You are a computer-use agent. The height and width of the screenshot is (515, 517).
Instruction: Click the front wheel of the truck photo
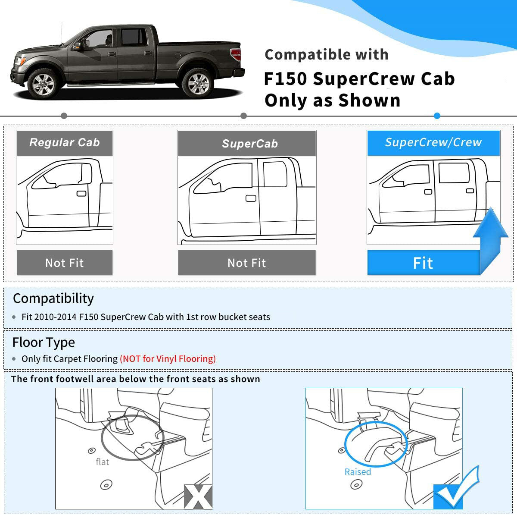click(x=44, y=83)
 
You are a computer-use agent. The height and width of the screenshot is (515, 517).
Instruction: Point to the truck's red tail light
click(x=236, y=55)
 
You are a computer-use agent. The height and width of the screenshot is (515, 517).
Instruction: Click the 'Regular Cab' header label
click(x=65, y=143)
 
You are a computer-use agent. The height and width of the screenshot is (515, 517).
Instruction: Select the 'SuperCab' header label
click(x=249, y=144)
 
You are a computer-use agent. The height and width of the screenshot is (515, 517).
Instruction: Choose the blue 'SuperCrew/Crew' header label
click(x=433, y=142)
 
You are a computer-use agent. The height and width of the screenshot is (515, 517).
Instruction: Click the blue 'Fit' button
click(x=423, y=263)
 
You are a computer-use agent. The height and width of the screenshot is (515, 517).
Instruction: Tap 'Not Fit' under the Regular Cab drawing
click(x=65, y=263)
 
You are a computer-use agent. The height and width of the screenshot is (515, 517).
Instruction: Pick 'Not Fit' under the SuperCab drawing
click(x=246, y=263)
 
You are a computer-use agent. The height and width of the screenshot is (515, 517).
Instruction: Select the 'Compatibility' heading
click(x=53, y=298)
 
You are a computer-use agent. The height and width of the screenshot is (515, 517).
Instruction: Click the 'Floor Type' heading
click(x=44, y=342)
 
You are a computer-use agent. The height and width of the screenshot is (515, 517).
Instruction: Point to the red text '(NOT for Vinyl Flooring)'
click(x=168, y=359)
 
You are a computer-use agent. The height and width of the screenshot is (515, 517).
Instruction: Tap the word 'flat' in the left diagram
click(x=102, y=462)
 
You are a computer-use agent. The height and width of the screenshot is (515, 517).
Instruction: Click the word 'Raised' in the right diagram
click(x=358, y=472)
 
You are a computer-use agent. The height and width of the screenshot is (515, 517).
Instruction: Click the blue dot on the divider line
click(x=437, y=116)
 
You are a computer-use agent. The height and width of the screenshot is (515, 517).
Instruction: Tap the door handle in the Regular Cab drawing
click(x=81, y=193)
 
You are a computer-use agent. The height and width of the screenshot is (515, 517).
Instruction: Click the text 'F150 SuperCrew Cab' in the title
click(x=359, y=79)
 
